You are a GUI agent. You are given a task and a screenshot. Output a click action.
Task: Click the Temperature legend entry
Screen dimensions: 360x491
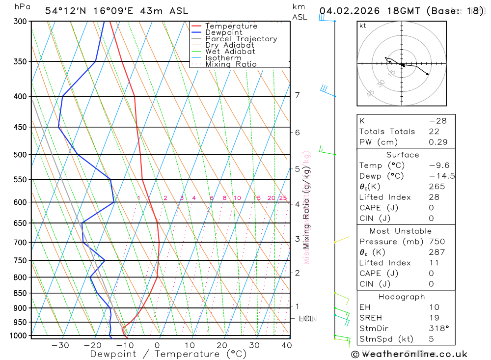231,26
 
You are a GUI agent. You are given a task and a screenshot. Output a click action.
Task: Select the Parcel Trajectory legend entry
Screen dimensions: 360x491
241,39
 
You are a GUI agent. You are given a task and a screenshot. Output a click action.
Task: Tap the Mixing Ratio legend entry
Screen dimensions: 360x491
231,64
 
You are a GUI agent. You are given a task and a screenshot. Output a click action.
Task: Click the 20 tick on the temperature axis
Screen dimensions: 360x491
222,345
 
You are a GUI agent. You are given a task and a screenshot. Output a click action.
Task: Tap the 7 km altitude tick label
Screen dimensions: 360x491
298,95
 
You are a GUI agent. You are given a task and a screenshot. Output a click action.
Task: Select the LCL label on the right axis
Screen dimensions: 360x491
306,319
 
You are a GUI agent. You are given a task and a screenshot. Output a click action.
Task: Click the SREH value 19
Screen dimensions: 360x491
434,318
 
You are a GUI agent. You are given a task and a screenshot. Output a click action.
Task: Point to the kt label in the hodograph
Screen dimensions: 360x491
362,26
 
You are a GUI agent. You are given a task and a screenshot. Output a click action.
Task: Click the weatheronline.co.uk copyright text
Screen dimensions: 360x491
409,354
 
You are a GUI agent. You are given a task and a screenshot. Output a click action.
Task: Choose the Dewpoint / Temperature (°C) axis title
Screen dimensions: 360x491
168,354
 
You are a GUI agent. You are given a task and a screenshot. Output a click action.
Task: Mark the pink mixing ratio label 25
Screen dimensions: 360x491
283,198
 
